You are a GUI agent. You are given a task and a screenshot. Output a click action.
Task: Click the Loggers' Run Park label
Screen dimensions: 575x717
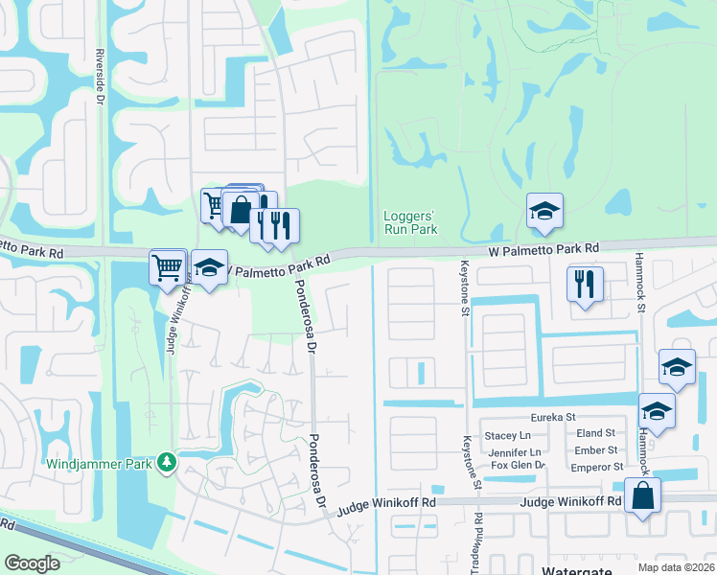410,222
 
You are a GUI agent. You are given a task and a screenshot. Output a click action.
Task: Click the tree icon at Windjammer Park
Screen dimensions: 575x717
167,463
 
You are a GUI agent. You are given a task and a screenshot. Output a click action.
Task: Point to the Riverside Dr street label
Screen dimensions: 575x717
99,76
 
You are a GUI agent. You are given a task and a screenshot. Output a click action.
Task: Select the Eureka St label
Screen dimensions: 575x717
555,418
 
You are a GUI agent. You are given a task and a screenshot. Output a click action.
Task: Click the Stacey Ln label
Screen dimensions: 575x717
513,435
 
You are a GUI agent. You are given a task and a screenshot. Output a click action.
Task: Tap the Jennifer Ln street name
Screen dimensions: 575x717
516,451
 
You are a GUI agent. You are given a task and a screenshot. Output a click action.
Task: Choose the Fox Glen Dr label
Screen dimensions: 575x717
518,466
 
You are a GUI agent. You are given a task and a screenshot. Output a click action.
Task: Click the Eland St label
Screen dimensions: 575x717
595,434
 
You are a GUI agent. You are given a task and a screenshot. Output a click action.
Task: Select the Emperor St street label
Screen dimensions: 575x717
597,467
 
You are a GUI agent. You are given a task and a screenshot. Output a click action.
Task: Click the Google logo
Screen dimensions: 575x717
33,563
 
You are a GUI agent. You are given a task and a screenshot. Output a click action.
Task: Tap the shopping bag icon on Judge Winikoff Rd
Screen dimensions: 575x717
642,497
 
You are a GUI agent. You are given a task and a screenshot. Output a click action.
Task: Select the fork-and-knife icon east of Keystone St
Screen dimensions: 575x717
583,284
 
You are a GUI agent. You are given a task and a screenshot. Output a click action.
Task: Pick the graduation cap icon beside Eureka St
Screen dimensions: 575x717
657,410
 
